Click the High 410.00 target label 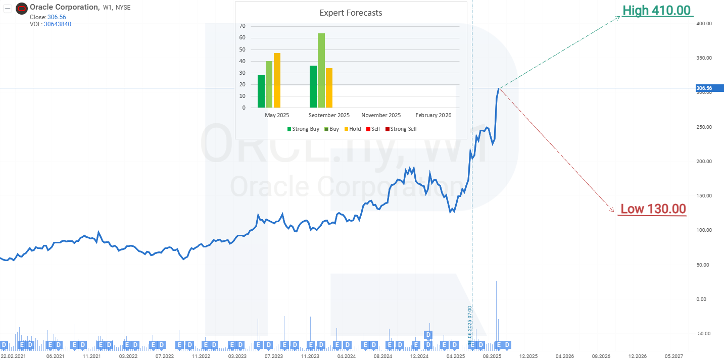pos(656,10)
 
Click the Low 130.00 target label pos(653,209)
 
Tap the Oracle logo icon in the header pos(22,8)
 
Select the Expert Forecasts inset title pos(351,13)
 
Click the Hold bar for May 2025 pos(277,80)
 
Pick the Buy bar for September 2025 pos(321,70)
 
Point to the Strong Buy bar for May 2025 pos(261,91)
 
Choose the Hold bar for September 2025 pos(329,88)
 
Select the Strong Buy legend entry pos(303,129)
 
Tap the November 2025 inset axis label pos(381,115)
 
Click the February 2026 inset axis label pos(433,115)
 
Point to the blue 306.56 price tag pos(704,88)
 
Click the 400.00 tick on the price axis pos(704,24)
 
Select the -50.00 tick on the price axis pos(704,333)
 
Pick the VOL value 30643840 pos(58,24)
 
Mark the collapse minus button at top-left pos(8,8)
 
